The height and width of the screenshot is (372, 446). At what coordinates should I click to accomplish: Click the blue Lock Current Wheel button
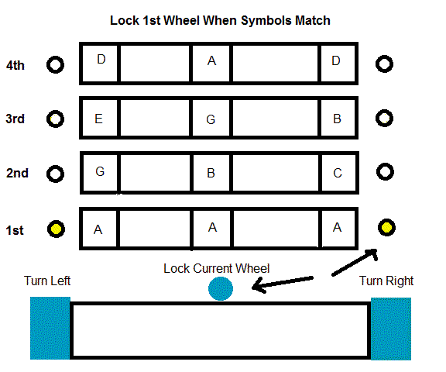pos(221,288)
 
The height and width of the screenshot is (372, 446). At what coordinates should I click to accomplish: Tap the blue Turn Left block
pos(50,328)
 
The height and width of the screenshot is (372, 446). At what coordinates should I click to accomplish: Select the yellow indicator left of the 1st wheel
pos(56,229)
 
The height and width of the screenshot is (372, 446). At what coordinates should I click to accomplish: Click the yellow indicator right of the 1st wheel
pos(386,227)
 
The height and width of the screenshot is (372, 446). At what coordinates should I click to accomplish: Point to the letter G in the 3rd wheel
pos(211,119)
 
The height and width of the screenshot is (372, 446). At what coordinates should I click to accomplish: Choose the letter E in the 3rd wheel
pos(98,119)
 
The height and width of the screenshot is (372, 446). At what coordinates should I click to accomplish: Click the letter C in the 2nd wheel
pos(338,173)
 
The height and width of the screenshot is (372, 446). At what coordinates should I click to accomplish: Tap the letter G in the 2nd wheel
pos(100,171)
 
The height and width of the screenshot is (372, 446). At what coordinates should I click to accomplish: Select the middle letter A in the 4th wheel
pos(211,60)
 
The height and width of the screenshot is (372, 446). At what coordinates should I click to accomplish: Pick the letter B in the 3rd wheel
pos(337,119)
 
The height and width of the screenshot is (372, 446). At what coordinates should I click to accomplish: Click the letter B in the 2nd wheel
pos(211,173)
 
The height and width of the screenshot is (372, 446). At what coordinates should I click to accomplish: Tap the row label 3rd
pos(15,119)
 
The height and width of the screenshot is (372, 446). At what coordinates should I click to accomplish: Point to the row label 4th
pos(15,65)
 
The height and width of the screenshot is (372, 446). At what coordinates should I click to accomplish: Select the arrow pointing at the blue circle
pos(283,284)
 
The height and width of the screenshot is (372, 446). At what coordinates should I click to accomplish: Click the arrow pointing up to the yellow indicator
pos(355,262)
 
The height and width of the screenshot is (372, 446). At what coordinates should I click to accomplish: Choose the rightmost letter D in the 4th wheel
pos(336,60)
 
